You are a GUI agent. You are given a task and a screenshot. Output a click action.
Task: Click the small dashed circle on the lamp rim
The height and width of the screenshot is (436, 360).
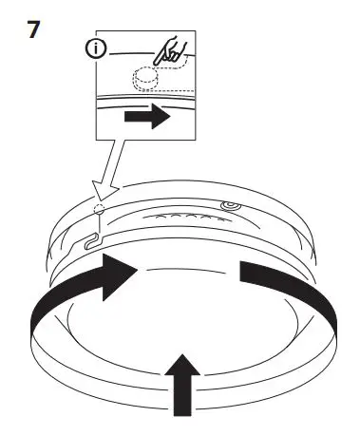tap(101, 210)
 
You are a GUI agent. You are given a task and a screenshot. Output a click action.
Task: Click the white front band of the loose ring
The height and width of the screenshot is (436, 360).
tap(180, 356)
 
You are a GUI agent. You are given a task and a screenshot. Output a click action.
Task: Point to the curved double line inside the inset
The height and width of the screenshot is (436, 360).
tap(142, 99)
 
